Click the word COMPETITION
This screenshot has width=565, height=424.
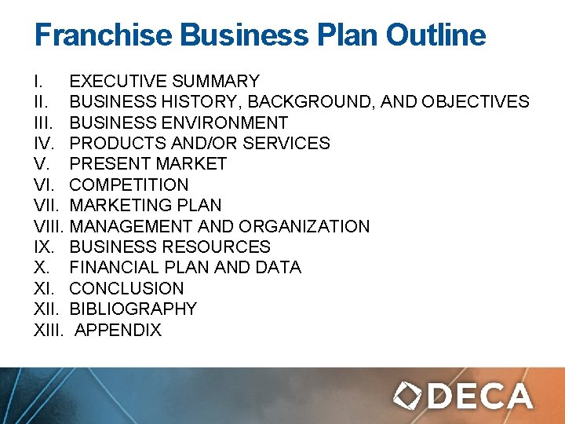coord(129,185)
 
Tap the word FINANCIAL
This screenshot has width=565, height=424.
coord(113,268)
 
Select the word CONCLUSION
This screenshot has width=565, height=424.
coord(126,288)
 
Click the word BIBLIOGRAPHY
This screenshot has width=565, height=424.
coord(133,309)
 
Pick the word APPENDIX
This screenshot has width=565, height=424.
coord(118,330)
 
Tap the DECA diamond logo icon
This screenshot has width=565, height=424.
coord(408,395)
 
